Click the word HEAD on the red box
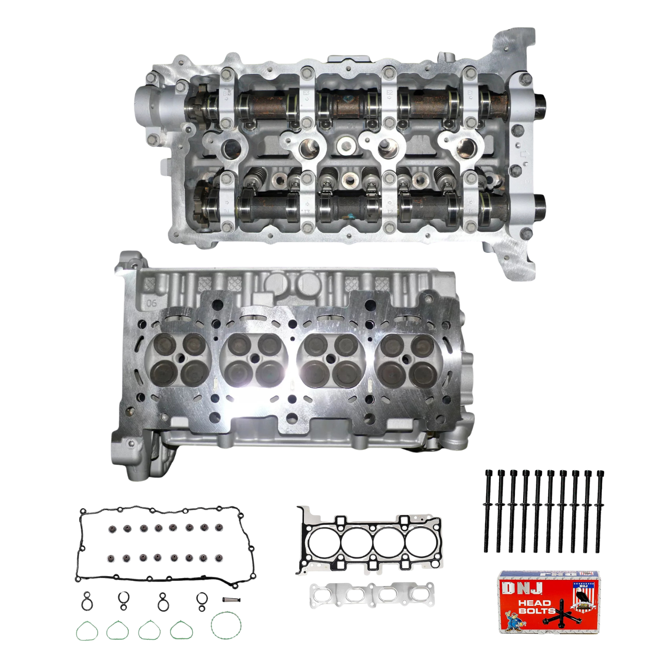(x=534, y=603)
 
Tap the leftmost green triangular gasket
(x=87, y=631)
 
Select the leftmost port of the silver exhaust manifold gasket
(x=325, y=595)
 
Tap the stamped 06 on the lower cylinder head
(x=151, y=302)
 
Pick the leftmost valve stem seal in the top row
(x=111, y=529)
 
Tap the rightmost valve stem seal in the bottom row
(x=218, y=558)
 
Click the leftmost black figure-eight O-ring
(x=86, y=601)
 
